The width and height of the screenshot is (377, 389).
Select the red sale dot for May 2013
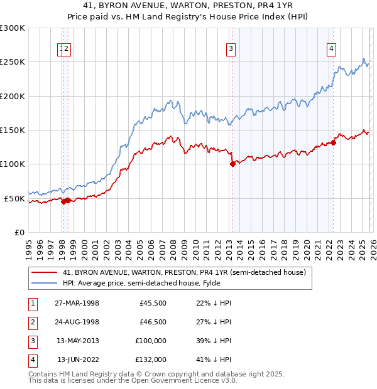(232, 164)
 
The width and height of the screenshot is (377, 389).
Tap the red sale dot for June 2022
(334, 142)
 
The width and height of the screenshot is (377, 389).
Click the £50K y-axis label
(14, 198)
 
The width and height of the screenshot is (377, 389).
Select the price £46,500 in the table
(153, 322)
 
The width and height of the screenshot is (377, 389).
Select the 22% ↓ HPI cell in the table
(214, 303)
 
